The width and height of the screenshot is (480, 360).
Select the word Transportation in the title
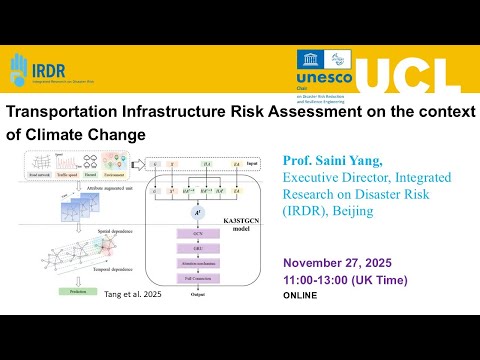coord(64,113)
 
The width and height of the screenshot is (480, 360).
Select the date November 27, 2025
coord(336,263)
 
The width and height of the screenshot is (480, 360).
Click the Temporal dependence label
coord(111,269)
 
